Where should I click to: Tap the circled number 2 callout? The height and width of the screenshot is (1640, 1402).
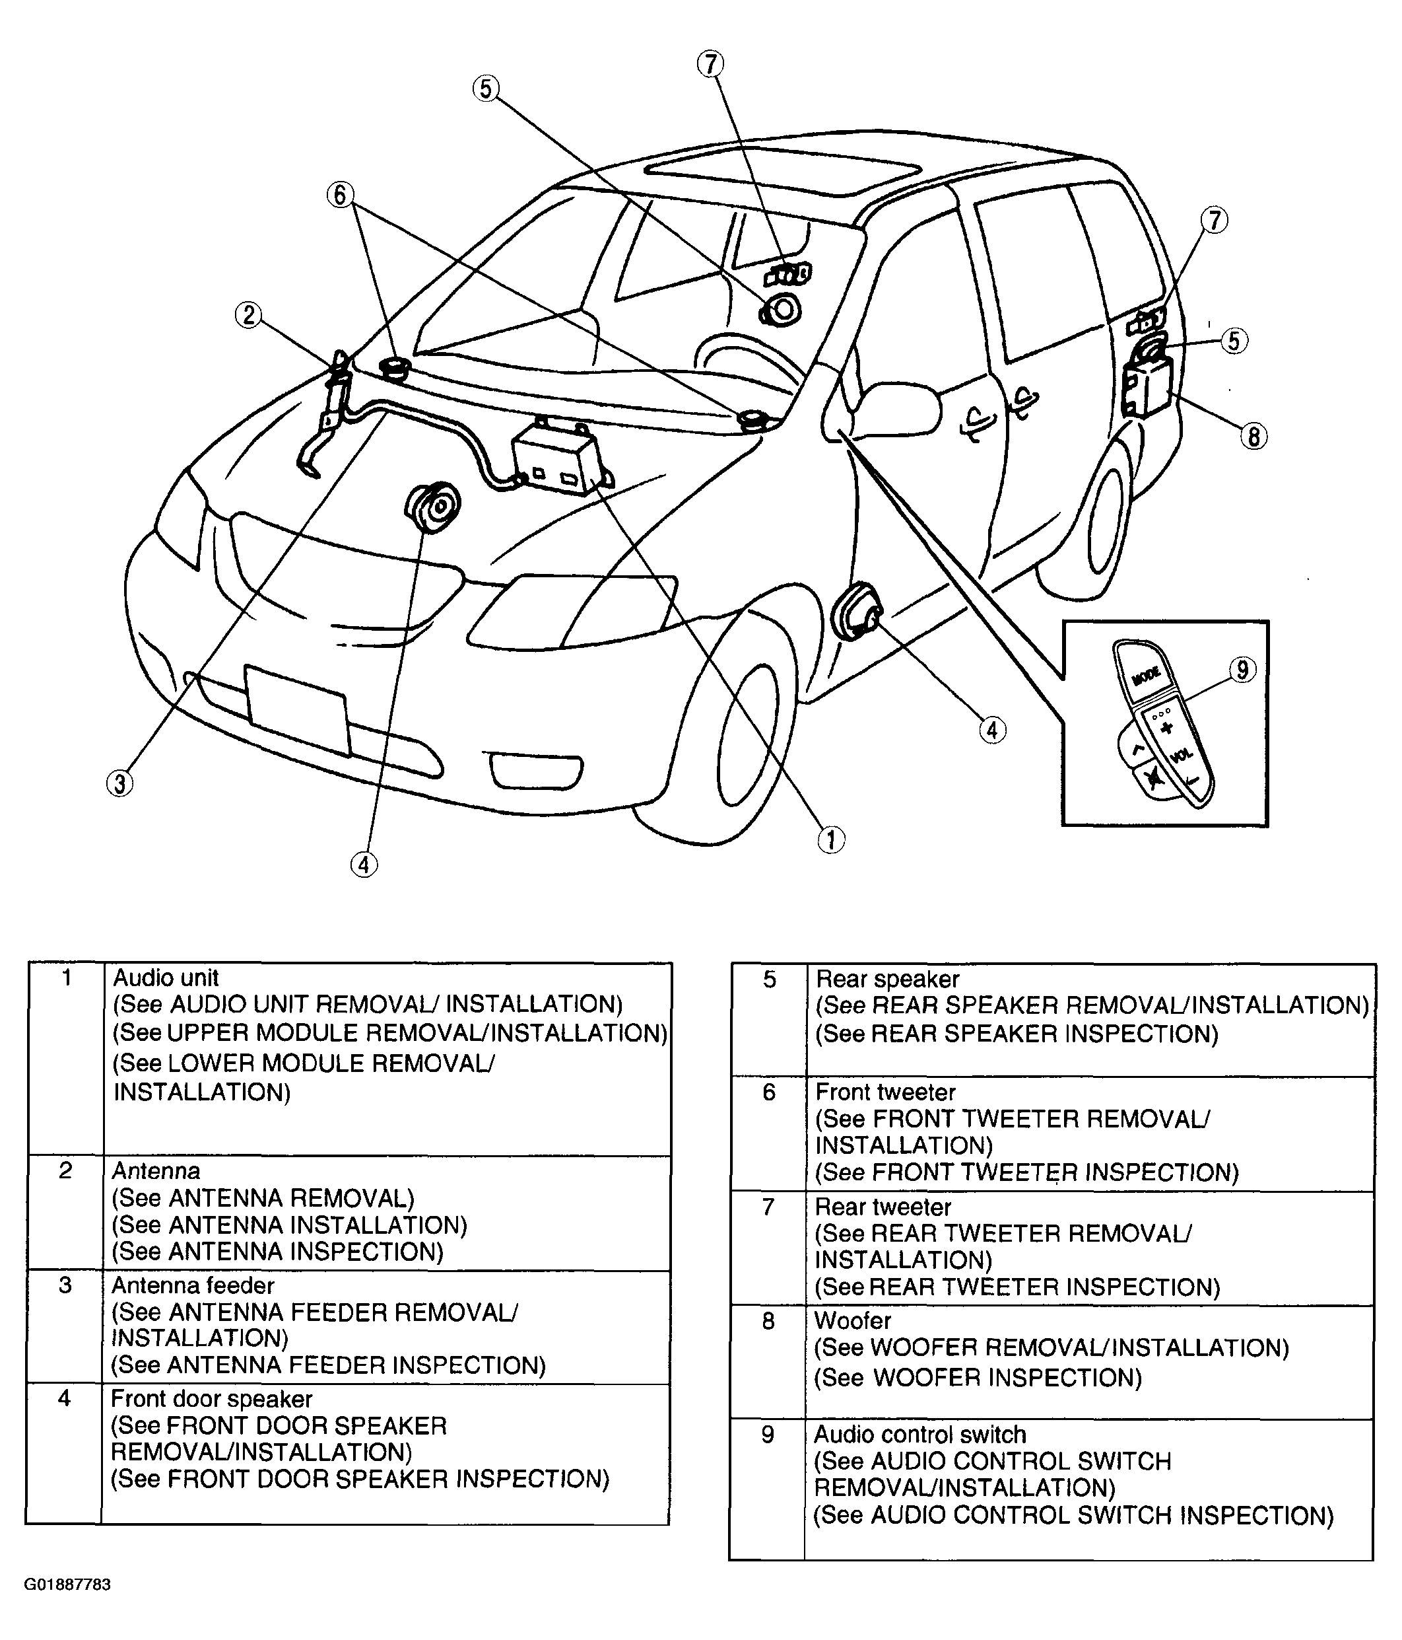248,315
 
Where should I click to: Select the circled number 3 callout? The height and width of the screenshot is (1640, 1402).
119,783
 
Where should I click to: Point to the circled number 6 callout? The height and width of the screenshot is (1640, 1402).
340,195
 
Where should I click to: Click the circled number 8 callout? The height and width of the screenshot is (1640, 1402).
1253,436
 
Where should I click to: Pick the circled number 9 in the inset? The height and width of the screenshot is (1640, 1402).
1242,670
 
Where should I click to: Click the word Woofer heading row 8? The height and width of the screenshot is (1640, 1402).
852,1320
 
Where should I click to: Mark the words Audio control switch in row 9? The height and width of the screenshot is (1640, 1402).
919,1434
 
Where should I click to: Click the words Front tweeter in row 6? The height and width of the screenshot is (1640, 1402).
885,1092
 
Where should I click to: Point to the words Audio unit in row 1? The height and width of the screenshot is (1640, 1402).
166,978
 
